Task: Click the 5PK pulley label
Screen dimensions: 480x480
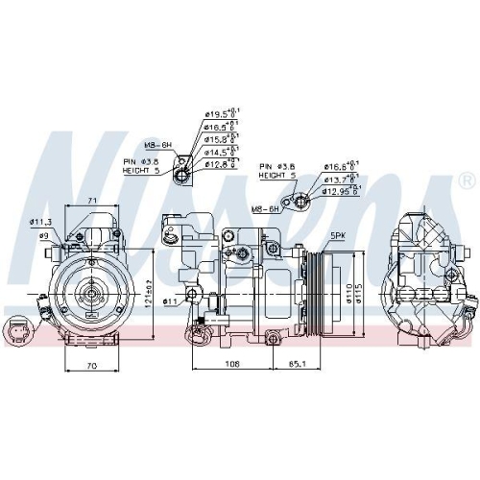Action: click(x=338, y=235)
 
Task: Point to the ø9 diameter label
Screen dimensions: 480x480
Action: click(x=44, y=235)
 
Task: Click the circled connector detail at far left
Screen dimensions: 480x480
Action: click(x=20, y=330)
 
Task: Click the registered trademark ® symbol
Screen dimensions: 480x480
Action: click(x=465, y=180)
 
